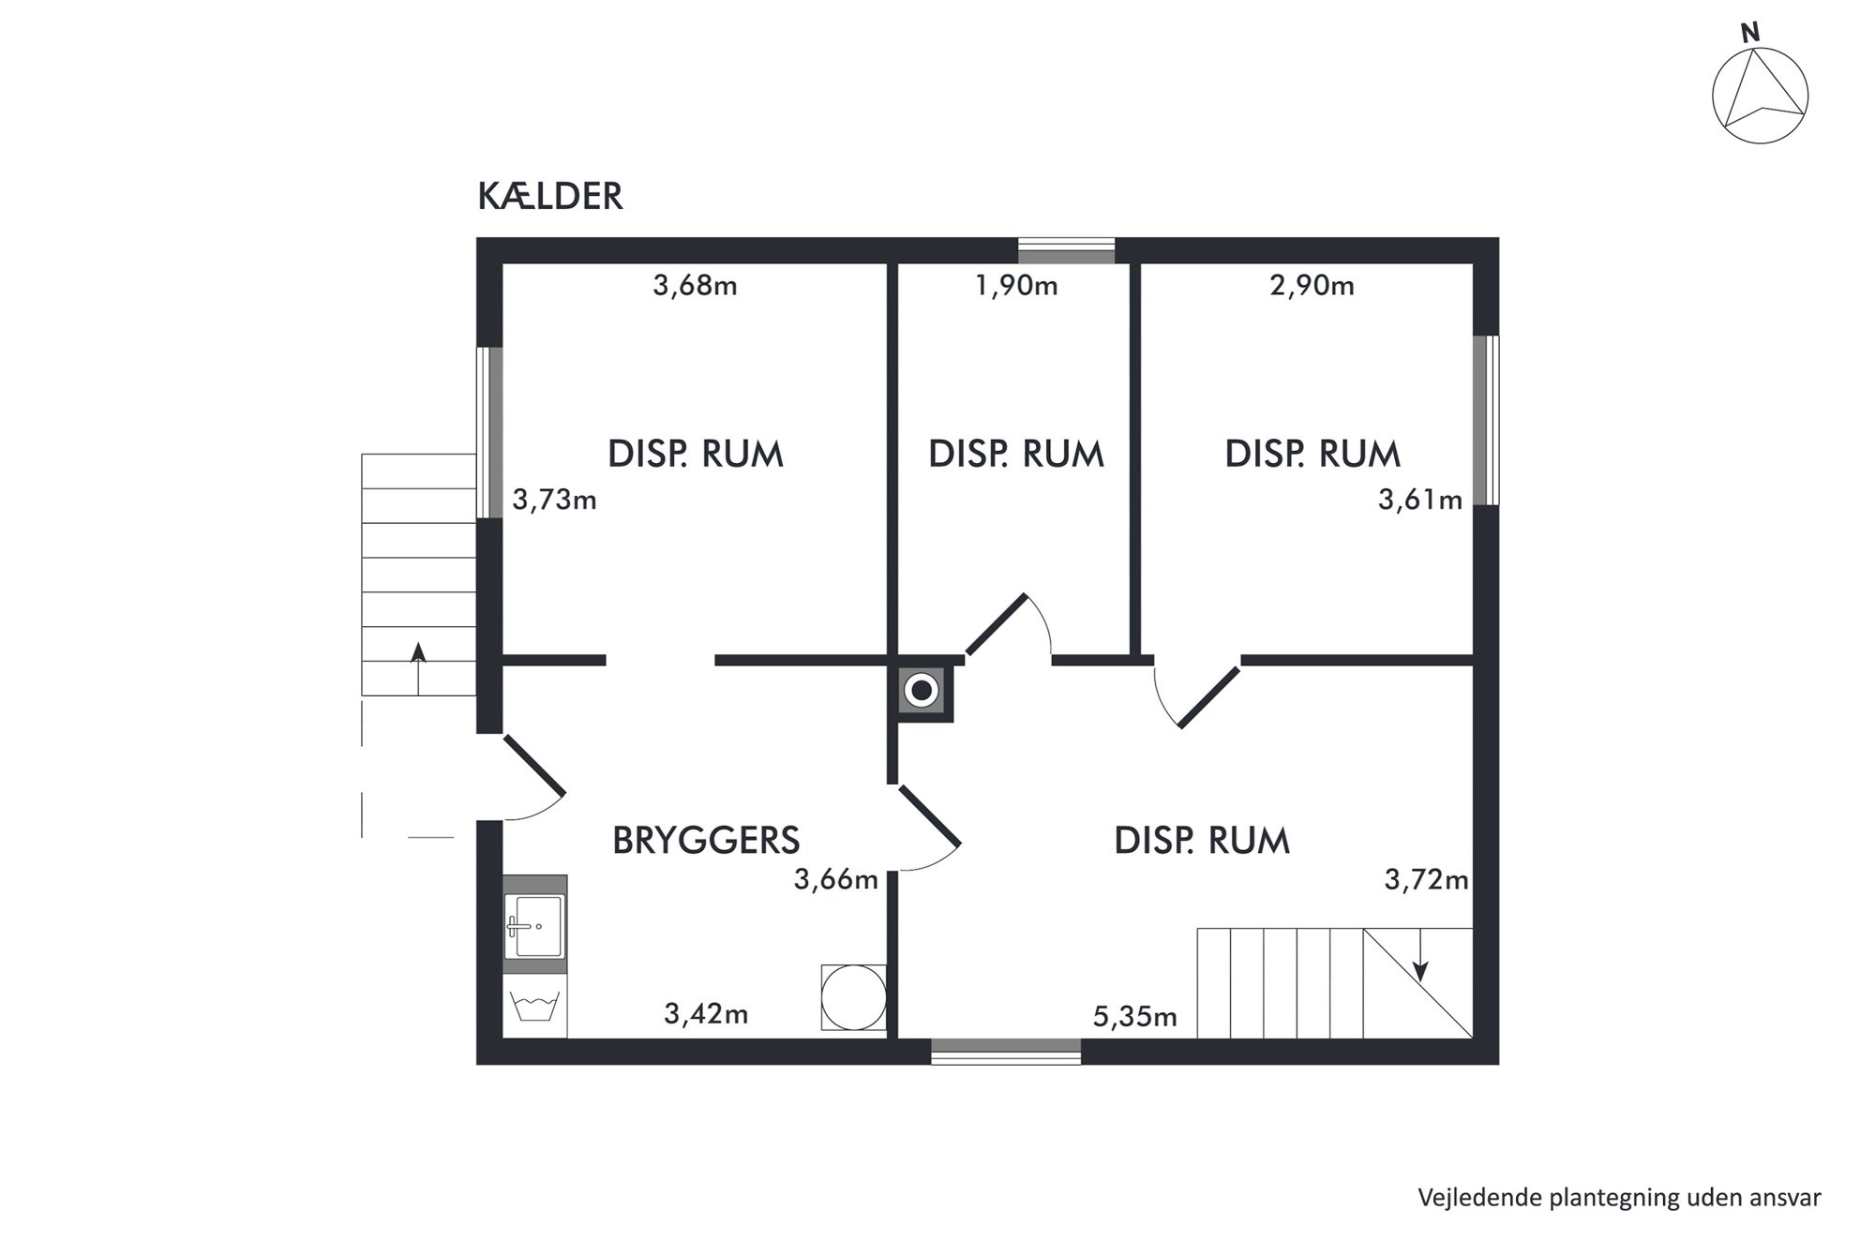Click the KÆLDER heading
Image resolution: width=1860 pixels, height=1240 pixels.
550,197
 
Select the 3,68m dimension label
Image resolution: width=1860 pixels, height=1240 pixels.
695,285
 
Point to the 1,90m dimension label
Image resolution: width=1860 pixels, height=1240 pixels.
1016,285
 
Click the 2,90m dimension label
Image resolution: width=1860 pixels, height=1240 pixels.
1312,285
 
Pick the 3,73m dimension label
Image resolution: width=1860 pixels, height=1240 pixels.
554,500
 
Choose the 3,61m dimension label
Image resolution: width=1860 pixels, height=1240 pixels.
1419,500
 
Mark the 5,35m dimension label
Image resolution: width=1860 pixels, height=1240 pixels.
1134,1016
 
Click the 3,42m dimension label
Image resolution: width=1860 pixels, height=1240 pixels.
706,1013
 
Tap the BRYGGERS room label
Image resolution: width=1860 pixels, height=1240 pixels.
706,841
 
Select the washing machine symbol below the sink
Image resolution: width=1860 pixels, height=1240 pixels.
535,1007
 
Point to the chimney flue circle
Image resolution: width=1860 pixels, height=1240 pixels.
922,692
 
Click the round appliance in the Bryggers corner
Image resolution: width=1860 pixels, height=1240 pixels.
853,997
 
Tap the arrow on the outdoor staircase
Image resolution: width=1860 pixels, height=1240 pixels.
418,667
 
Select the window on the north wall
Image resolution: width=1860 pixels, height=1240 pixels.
1066,250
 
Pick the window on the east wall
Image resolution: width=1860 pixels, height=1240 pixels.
1486,421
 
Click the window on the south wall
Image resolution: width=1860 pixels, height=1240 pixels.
1006,1052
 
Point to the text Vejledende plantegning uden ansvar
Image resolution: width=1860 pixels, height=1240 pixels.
1619,1198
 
